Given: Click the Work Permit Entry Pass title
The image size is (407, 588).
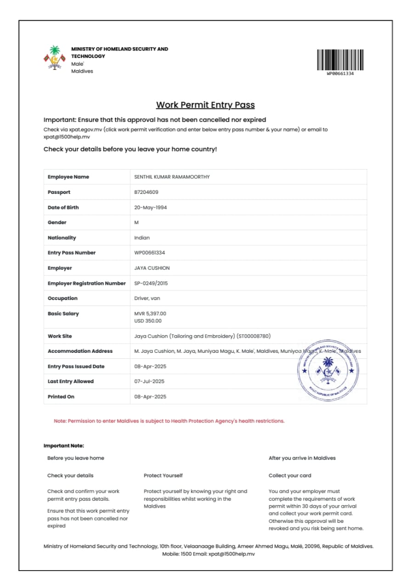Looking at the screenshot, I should click(205, 105).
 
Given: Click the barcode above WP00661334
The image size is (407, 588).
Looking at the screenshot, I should click(340, 60).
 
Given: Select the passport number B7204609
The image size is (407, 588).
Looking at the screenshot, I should click(146, 192).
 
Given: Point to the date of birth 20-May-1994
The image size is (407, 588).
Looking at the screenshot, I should click(150, 207).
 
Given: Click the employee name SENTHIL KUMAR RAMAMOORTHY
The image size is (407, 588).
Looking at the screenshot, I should click(172, 177).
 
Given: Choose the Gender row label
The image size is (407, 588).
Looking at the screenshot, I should click(57, 222).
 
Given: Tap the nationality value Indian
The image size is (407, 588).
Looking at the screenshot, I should click(142, 237).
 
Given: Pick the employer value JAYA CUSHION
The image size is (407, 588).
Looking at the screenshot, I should click(152, 268).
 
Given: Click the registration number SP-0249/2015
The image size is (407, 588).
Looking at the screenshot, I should click(151, 283).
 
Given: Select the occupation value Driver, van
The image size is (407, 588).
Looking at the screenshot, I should click(147, 298).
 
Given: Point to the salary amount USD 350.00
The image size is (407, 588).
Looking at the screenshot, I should click(148, 321).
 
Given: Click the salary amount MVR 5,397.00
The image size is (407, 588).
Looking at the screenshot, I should click(150, 314).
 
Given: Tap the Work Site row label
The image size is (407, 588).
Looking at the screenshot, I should click(60, 336).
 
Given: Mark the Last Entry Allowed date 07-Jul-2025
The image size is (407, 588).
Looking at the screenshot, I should click(150, 381).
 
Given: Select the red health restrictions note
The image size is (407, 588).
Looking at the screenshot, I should click(169, 421).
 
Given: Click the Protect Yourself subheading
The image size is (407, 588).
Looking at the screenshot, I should click(163, 475).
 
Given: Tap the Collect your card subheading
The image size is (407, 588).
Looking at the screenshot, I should click(290, 475).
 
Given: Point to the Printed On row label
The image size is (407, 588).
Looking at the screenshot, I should click(61, 396).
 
